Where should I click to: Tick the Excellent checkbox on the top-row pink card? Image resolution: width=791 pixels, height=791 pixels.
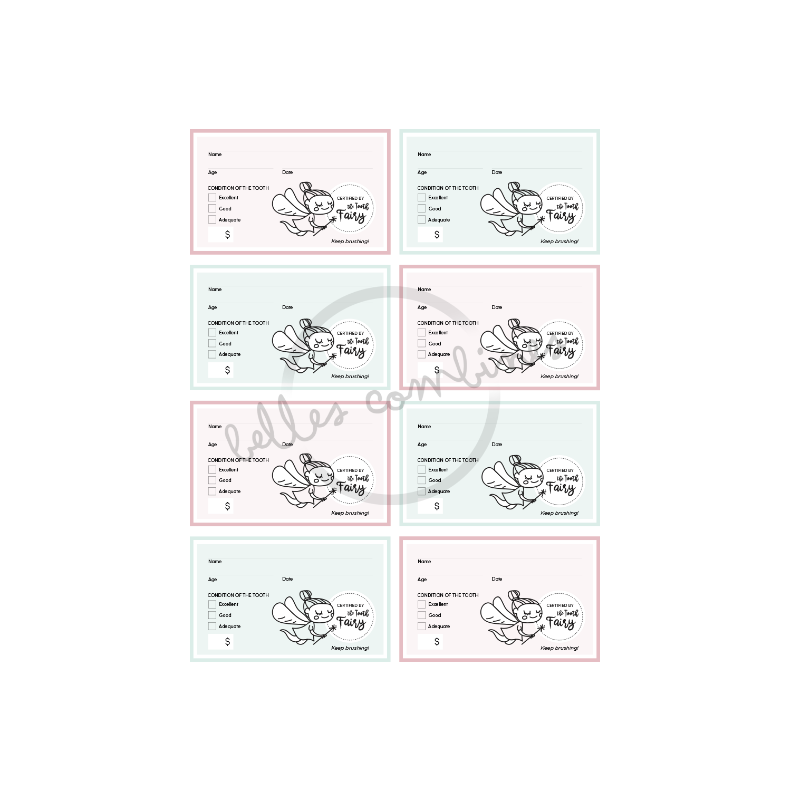[x=212, y=198]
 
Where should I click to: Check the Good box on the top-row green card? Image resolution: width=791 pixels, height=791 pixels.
[x=421, y=208]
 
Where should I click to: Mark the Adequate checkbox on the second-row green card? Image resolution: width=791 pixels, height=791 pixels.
[x=212, y=354]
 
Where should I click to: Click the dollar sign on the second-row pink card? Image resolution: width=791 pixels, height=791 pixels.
[x=437, y=370]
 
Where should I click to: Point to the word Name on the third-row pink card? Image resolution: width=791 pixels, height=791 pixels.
[x=215, y=427]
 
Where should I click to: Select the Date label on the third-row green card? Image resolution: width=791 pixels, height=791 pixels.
[x=497, y=445]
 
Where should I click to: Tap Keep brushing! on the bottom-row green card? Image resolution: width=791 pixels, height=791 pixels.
[x=350, y=648]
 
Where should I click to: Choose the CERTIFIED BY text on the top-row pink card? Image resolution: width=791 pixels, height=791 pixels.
[x=350, y=198]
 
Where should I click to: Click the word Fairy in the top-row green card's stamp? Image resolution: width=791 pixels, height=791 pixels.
[x=561, y=216]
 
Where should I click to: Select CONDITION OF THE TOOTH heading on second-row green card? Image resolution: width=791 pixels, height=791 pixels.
[x=238, y=323]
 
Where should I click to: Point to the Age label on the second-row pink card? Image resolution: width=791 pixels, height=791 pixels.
[x=422, y=307]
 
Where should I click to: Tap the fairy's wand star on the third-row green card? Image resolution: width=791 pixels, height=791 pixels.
[x=543, y=493]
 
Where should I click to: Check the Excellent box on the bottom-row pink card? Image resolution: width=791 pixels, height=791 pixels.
[x=421, y=604]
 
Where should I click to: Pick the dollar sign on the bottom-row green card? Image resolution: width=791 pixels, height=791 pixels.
[x=227, y=642]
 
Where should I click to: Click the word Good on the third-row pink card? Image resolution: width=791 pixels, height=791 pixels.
[x=225, y=480]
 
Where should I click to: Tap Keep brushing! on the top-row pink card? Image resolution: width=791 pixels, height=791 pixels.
[x=350, y=242]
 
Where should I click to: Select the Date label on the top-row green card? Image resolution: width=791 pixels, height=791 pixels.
[x=497, y=172]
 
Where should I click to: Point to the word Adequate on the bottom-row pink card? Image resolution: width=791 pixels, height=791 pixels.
[x=439, y=626]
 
